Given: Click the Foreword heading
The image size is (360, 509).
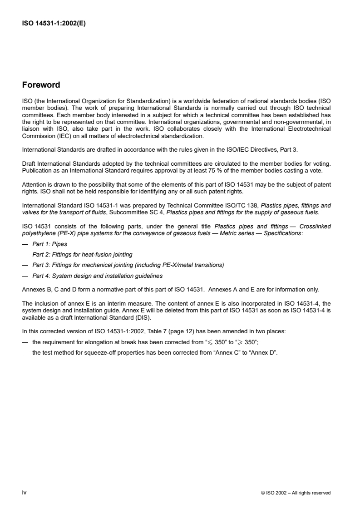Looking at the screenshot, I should [41, 85].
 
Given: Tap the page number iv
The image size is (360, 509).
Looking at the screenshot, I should [25, 493].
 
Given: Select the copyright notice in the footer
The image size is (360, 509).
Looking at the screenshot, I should [296, 493].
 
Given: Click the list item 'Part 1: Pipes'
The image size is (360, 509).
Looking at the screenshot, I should [46, 243].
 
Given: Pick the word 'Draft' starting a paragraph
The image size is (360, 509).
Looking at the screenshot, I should [29, 162].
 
